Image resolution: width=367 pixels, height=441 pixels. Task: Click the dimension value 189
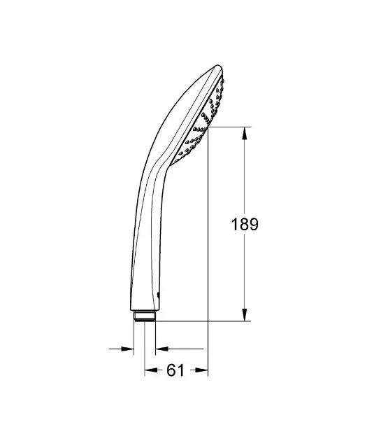tap(245, 224)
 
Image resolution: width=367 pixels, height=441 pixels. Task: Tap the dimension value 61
tap(175, 371)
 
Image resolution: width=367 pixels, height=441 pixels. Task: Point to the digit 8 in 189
tap(245, 224)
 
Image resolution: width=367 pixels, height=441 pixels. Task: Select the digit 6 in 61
tap(171, 371)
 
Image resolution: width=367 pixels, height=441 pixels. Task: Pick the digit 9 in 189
tap(254, 224)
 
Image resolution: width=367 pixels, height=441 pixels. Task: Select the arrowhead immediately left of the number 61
tap(149, 371)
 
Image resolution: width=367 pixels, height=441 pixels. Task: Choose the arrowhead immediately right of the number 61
tap(205, 371)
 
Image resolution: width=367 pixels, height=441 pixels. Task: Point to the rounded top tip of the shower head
tap(219, 68)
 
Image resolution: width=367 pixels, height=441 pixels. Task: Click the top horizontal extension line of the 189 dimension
tap(231, 127)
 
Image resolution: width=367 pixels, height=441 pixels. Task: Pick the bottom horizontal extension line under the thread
tap(203, 321)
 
